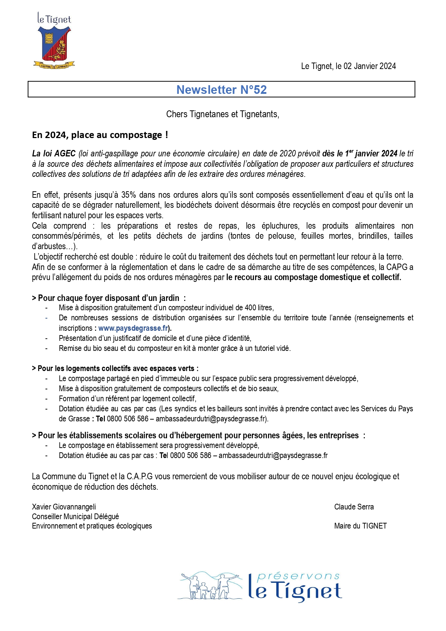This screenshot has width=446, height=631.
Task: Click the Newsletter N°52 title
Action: tap(222, 90)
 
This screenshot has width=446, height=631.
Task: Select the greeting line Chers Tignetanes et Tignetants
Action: tap(222, 114)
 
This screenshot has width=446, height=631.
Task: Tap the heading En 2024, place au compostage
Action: tap(100, 135)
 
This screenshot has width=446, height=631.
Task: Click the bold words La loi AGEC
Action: tap(54, 154)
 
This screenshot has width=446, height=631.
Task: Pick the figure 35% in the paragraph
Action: tap(129, 195)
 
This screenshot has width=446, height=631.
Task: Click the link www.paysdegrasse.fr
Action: tap(133, 328)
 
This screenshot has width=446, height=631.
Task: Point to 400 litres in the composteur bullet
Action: tap(259, 308)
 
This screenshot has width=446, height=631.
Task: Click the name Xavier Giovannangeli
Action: tap(64, 507)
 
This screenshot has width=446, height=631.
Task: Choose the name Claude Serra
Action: tap(354, 507)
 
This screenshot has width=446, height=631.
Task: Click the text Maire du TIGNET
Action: tap(360, 526)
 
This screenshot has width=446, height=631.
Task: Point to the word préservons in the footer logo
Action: tap(298, 576)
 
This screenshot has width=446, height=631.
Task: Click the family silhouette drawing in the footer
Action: tap(210, 586)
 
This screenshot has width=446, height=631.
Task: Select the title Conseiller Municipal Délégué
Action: tap(75, 517)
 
